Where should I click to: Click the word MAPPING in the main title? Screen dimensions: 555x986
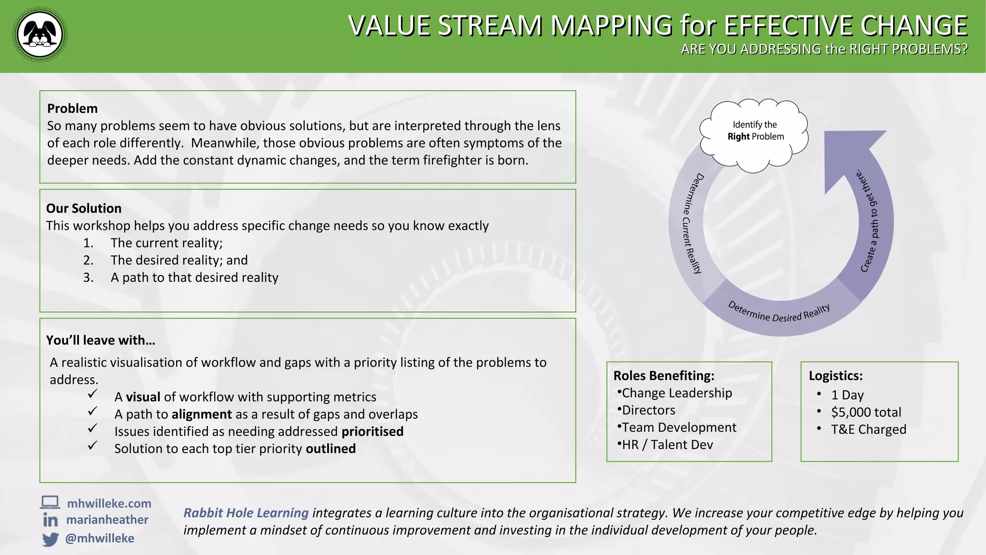coord(611,26)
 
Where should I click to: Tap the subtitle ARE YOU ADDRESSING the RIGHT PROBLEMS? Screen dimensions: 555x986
coord(824,50)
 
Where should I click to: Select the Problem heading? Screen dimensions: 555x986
coord(72,108)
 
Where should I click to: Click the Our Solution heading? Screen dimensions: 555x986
coord(84,208)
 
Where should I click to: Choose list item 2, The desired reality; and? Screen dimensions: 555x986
coord(179,260)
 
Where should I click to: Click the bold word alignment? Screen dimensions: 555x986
coord(202,414)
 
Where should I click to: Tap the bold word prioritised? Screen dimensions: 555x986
coord(372,432)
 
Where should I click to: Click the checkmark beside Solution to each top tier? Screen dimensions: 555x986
coord(93,446)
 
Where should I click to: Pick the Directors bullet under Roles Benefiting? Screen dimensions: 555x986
coord(648,410)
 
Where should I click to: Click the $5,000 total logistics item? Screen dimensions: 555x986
coord(866,412)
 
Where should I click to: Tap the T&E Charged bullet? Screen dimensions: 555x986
coord(868,430)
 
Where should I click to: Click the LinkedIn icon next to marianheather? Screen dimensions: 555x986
coord(50,520)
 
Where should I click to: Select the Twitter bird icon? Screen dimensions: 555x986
coord(50,539)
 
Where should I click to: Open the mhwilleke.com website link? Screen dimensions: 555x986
coord(109,503)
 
